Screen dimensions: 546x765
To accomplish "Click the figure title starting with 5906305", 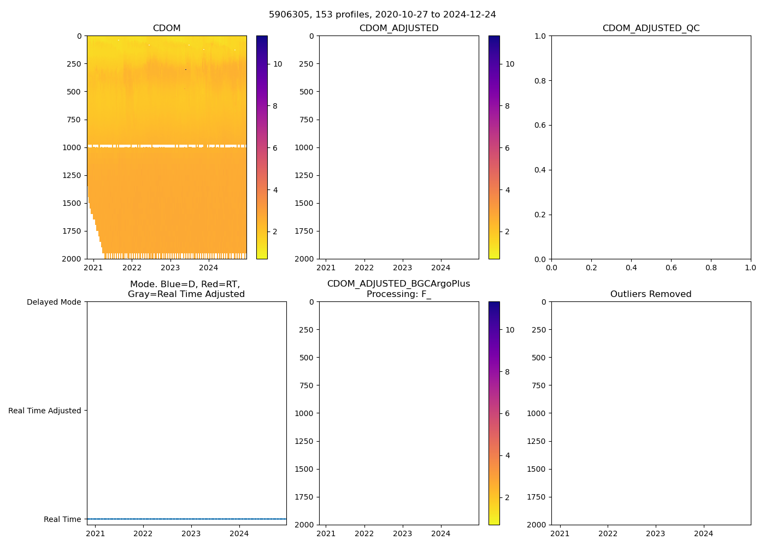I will click(382, 15).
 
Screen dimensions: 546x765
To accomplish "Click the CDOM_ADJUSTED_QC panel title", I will click(651, 28).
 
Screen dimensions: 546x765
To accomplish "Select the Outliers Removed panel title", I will click(651, 294).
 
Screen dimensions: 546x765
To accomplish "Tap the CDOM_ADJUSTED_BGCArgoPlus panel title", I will click(398, 284).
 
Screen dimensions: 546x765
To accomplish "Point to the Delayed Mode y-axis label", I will click(54, 302).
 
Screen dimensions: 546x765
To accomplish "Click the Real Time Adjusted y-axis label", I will click(45, 411).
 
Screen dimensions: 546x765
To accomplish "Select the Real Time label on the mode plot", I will click(62, 519).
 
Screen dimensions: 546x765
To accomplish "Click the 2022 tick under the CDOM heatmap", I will click(132, 268).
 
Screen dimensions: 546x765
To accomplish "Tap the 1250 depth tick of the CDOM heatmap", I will click(72, 175).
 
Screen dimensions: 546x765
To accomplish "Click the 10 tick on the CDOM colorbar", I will click(278, 64).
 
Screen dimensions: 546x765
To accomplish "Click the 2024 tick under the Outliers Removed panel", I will click(703, 533).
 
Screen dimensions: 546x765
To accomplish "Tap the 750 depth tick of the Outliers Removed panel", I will click(538, 385).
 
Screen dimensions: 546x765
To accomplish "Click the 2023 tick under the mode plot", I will click(191, 533).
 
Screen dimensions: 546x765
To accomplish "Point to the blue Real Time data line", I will click(186, 519).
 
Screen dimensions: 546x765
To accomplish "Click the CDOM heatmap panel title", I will click(167, 28).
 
